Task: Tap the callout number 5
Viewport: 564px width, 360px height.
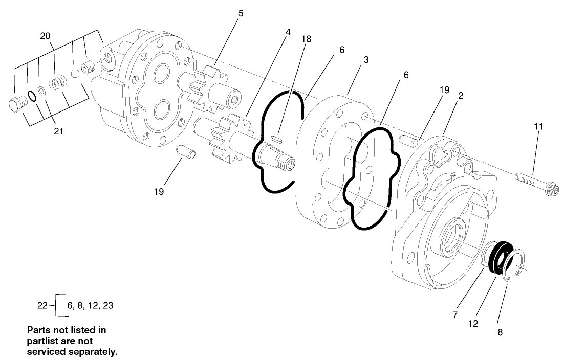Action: (241, 13)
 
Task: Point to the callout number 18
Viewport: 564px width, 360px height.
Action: (306, 38)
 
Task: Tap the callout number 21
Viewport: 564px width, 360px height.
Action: (58, 131)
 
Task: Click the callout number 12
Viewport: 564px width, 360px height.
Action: (473, 323)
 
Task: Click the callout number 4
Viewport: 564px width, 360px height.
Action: (288, 32)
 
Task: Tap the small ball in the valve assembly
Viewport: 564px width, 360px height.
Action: (75, 74)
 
